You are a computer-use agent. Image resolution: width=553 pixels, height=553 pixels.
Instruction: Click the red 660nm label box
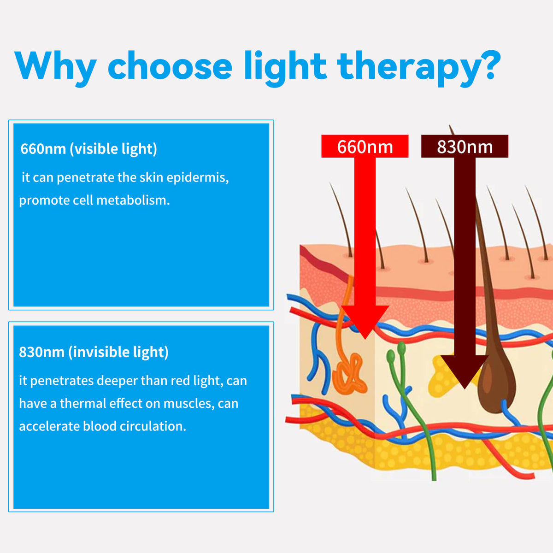(365, 147)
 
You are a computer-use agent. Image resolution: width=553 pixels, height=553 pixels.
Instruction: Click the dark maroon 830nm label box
(465, 147)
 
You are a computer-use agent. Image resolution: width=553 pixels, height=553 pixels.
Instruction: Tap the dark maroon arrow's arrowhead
(465, 373)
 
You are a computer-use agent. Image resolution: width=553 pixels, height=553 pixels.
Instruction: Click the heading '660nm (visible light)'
(89, 149)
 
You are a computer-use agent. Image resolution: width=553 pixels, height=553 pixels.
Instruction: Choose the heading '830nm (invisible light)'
(94, 352)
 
